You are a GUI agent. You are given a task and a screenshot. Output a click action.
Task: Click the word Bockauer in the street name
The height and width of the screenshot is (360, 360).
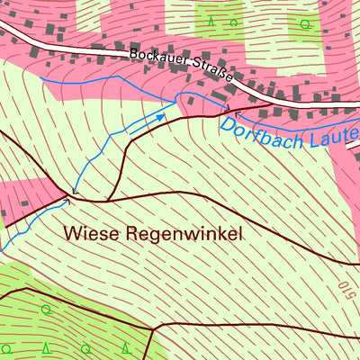[159, 56]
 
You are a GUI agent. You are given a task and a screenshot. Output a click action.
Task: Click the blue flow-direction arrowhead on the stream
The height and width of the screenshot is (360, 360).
[162, 115]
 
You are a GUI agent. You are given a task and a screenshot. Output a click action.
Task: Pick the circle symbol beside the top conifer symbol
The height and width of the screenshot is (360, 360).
[234, 22]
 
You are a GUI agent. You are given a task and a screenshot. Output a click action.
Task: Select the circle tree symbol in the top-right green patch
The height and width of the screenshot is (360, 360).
[304, 22]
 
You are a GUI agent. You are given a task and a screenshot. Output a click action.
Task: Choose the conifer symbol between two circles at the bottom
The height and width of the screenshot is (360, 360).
[47, 347]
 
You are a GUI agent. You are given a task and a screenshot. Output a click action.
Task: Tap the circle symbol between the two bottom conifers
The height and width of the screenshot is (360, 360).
[86, 348]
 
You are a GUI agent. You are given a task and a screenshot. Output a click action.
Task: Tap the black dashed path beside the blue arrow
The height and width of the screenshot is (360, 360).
[144, 126]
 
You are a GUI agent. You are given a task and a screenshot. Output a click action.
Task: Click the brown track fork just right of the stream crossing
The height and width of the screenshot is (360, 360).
[108, 198]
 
